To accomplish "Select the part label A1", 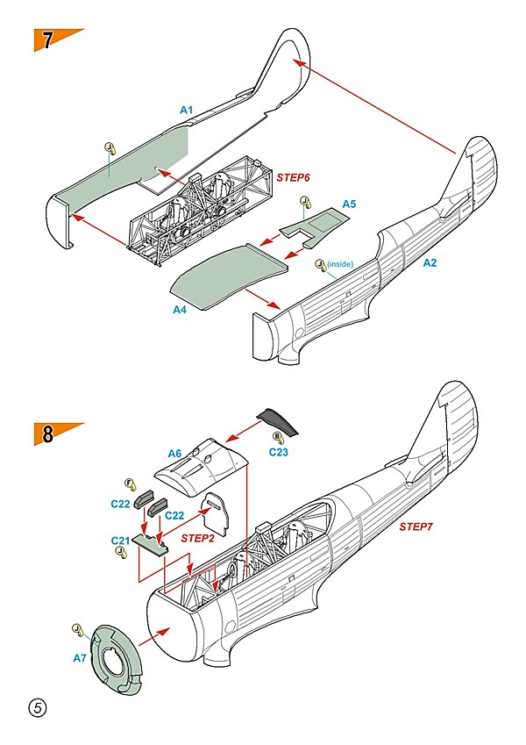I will click(186, 110).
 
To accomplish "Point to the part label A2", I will click(430, 262).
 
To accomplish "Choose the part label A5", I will click(349, 204).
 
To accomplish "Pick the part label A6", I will click(174, 453).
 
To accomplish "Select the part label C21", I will click(121, 541).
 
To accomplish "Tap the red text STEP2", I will click(198, 537).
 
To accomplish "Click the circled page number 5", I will click(37, 707).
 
